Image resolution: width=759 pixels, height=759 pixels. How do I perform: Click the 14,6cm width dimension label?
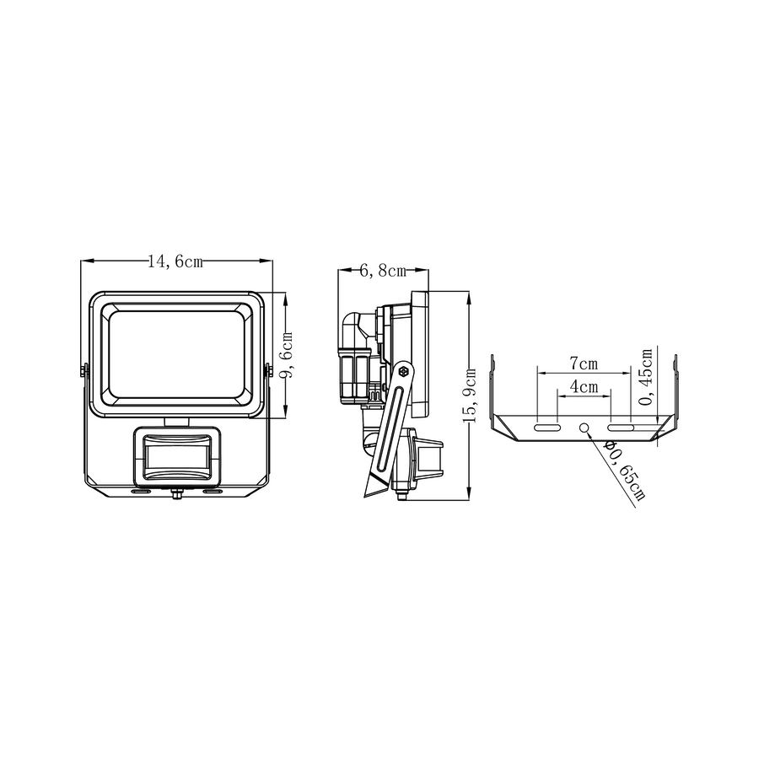[175, 262]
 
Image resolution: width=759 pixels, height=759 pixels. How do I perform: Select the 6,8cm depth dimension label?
[383, 271]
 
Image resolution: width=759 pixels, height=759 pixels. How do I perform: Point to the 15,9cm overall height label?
[470, 396]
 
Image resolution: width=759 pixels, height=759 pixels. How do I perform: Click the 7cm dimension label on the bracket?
[584, 363]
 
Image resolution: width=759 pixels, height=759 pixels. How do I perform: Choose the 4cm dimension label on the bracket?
[584, 386]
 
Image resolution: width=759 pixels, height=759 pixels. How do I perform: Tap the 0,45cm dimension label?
[646, 377]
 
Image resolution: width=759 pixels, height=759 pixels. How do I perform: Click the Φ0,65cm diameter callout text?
[625, 471]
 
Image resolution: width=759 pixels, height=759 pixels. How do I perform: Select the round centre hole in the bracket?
[584, 428]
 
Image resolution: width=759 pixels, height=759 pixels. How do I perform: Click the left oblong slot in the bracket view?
[547, 428]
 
